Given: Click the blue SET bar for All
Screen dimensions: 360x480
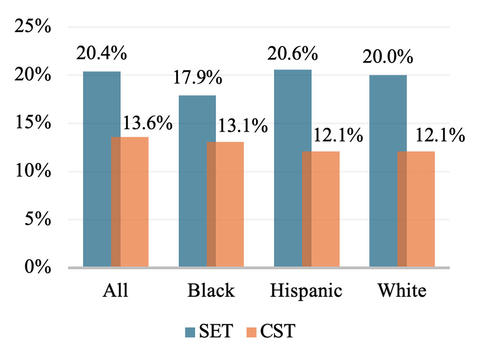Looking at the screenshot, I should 97,169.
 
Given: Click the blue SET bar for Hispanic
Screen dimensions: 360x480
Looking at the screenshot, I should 288,169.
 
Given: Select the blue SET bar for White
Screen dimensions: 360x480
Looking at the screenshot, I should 383,171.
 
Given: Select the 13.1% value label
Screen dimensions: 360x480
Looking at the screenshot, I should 242,126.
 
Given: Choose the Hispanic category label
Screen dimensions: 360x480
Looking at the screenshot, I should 306,291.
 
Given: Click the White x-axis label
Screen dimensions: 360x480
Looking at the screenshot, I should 402,291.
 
